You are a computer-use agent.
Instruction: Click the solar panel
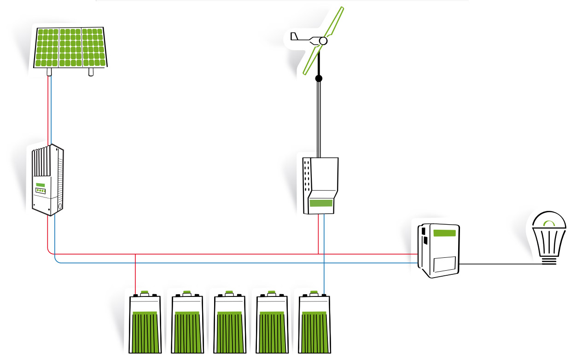tap(70, 47)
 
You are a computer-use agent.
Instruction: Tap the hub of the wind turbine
tap(323, 41)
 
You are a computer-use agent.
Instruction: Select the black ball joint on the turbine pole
tap(319, 79)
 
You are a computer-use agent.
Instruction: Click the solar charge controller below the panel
tap(47, 180)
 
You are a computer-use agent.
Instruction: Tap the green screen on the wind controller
tap(321, 203)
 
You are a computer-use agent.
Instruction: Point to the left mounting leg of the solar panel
tap(49, 72)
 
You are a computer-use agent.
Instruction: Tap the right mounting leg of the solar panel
tap(91, 72)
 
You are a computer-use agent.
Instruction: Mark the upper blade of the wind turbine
tap(335, 21)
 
